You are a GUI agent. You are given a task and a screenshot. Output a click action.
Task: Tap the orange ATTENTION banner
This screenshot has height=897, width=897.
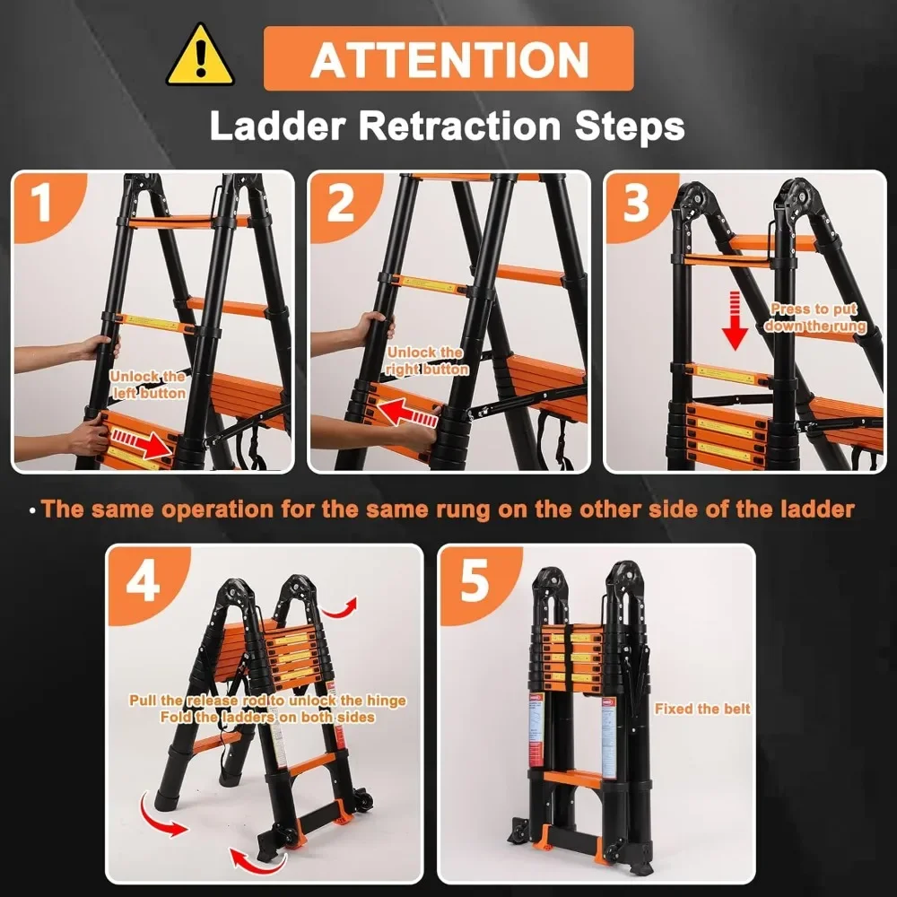(x=448, y=59)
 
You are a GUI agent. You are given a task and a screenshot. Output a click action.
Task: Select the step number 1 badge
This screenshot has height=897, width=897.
(x=42, y=203)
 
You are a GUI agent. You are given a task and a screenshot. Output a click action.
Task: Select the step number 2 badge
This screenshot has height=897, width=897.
(x=340, y=203)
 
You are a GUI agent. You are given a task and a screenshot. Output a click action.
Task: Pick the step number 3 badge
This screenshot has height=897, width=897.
(x=635, y=203)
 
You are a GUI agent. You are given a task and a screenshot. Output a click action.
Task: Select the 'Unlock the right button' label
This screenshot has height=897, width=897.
(x=426, y=361)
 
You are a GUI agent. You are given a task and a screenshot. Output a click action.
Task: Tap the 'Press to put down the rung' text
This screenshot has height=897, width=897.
(x=815, y=318)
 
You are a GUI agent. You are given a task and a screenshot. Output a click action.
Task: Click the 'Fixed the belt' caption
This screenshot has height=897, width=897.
(x=702, y=709)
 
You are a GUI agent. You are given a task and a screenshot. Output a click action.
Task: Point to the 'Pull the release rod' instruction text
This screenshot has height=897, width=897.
(x=267, y=701)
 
